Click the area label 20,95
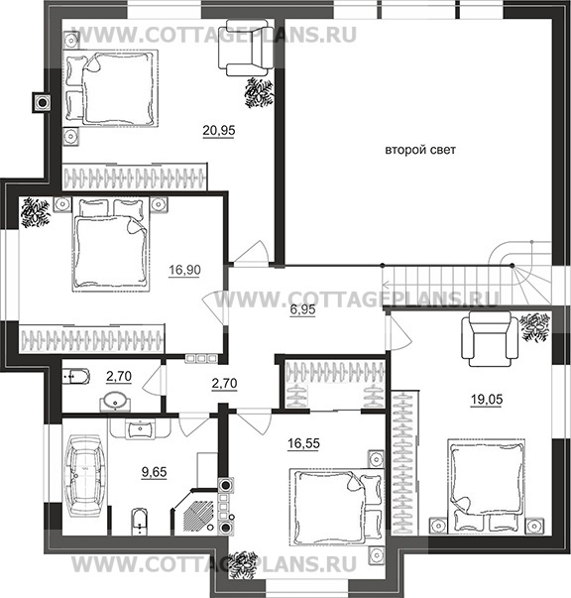pos(219,131)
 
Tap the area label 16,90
pos(184,270)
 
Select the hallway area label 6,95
pos(302,309)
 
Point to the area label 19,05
pos(487,400)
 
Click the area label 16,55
pos(303,443)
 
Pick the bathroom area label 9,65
pos(155,472)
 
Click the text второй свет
pos(420,150)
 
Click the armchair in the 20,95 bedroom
pos(246,48)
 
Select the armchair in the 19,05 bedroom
pos(490,338)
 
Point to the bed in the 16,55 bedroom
pos(336,507)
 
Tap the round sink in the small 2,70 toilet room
pos(115,402)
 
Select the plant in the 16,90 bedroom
pos(35,212)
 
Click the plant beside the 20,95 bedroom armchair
pos(259,92)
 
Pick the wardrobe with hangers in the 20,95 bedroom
pos(135,178)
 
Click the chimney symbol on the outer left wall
pos(42,102)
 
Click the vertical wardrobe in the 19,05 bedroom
pos(404,462)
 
